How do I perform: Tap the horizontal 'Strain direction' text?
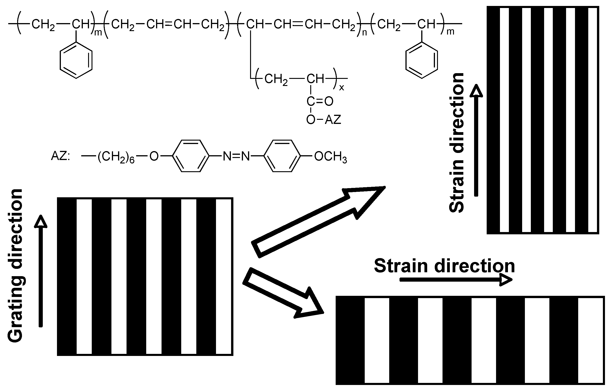(x=444, y=266)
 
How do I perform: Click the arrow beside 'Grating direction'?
(x=40, y=271)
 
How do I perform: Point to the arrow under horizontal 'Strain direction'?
(x=456, y=280)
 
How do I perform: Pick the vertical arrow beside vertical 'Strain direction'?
(x=476, y=141)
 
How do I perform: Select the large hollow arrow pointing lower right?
(x=283, y=293)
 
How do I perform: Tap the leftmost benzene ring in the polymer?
(x=76, y=60)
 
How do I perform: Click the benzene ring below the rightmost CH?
(x=421, y=60)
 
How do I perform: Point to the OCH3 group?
(x=330, y=157)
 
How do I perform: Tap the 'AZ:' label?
(x=60, y=156)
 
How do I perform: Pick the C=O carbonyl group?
(x=320, y=101)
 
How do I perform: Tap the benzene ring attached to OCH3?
(x=282, y=156)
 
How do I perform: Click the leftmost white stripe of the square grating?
(x=84, y=277)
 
